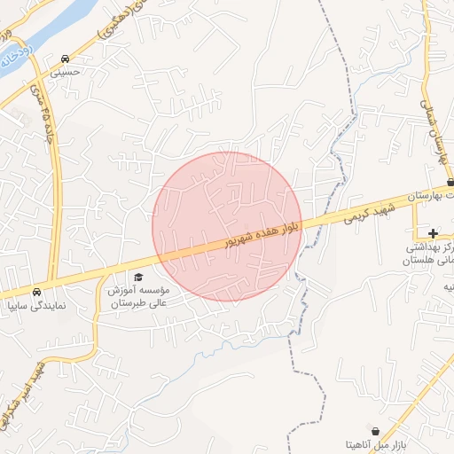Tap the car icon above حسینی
(66, 59)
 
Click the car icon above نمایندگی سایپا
(35, 292)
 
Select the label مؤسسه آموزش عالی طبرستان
(144, 296)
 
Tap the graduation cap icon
(138, 278)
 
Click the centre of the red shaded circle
(227, 227)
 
